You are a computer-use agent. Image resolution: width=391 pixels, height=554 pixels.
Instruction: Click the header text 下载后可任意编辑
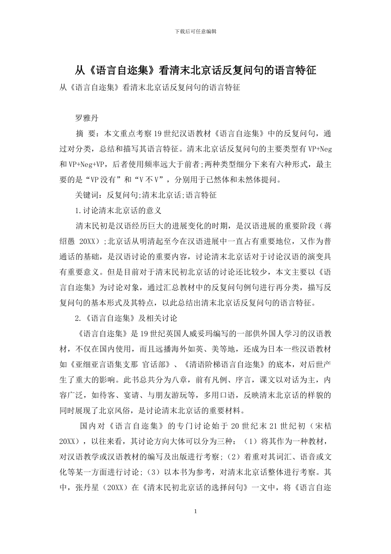coord(195,31)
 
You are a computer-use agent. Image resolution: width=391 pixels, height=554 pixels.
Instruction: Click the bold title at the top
coord(195,70)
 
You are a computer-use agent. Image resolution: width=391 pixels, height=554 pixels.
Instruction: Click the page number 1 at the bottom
coord(195,512)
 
